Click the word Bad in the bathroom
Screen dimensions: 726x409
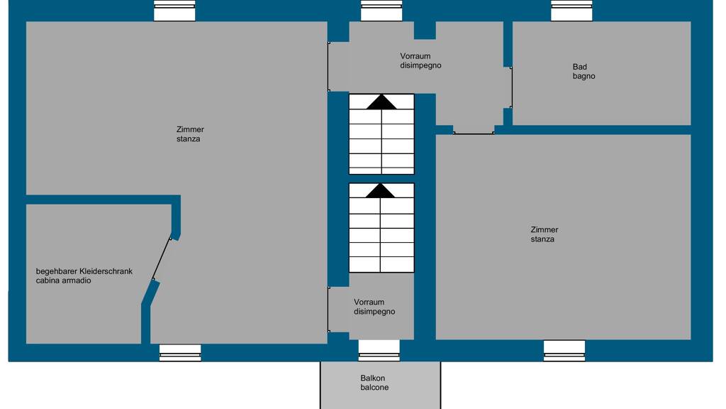point(580,67)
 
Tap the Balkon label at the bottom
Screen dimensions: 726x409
point(373,378)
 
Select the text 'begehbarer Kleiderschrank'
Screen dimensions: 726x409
point(84,271)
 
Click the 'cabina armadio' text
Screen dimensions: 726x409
point(63,280)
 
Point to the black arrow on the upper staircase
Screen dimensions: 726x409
point(381,102)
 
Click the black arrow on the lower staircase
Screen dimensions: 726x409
point(380,190)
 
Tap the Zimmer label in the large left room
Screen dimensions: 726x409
point(190,129)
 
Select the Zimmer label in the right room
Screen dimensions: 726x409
point(544,229)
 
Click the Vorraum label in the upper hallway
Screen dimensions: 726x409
point(415,56)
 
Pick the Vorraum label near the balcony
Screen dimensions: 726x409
point(369,302)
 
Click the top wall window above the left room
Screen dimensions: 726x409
point(174,10)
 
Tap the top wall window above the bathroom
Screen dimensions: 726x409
point(571,10)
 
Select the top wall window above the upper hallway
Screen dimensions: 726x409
point(381,10)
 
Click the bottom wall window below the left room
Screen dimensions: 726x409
point(180,352)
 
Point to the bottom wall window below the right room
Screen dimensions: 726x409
point(564,351)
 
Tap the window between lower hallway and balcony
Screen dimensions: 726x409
point(379,351)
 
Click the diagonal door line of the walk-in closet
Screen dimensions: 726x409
point(162,258)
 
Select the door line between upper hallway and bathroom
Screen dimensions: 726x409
point(512,87)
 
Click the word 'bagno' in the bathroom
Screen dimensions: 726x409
point(584,77)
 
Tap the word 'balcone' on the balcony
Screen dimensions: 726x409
point(374,387)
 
